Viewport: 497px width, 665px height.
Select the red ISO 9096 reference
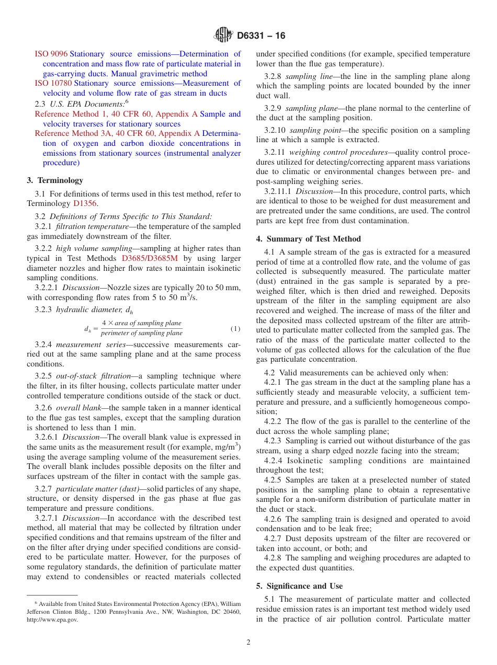51,54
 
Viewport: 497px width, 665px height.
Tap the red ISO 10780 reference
53,83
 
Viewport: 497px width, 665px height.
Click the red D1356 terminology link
85,203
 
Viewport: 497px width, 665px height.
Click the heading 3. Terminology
54,180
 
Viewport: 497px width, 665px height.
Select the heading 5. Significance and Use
299,586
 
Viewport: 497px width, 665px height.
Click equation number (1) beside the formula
235,329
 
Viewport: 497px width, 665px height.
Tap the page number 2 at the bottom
249,643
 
